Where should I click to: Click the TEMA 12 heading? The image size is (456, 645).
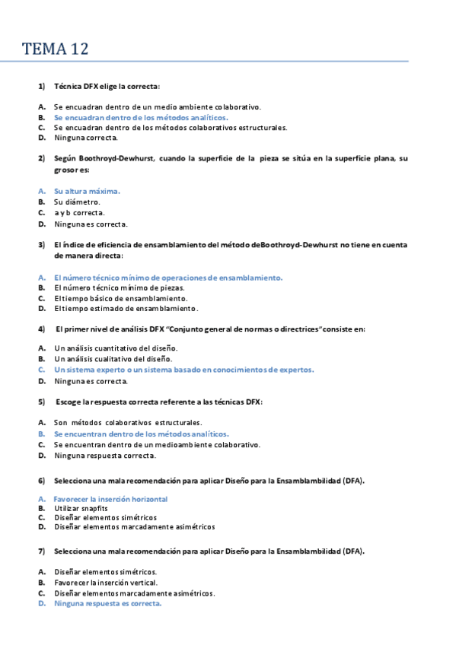[x=56, y=49]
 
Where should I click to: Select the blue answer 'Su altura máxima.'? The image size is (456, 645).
[x=87, y=191]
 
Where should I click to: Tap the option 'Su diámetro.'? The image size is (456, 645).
[x=77, y=202]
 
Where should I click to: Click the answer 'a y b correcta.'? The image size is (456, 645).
[x=79, y=213]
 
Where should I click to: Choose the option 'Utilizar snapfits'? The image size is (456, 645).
[x=81, y=507]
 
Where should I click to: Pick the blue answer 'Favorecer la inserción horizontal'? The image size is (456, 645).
[x=110, y=499]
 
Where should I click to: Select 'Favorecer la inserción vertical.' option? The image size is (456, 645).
[x=106, y=582]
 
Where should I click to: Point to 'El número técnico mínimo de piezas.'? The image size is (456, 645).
[x=119, y=288]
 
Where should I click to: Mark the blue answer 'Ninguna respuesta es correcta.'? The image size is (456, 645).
[x=108, y=603]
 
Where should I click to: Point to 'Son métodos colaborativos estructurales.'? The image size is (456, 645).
[x=128, y=421]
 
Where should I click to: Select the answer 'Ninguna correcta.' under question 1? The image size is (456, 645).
[x=86, y=138]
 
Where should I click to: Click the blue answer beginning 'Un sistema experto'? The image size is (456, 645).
[x=183, y=370]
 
